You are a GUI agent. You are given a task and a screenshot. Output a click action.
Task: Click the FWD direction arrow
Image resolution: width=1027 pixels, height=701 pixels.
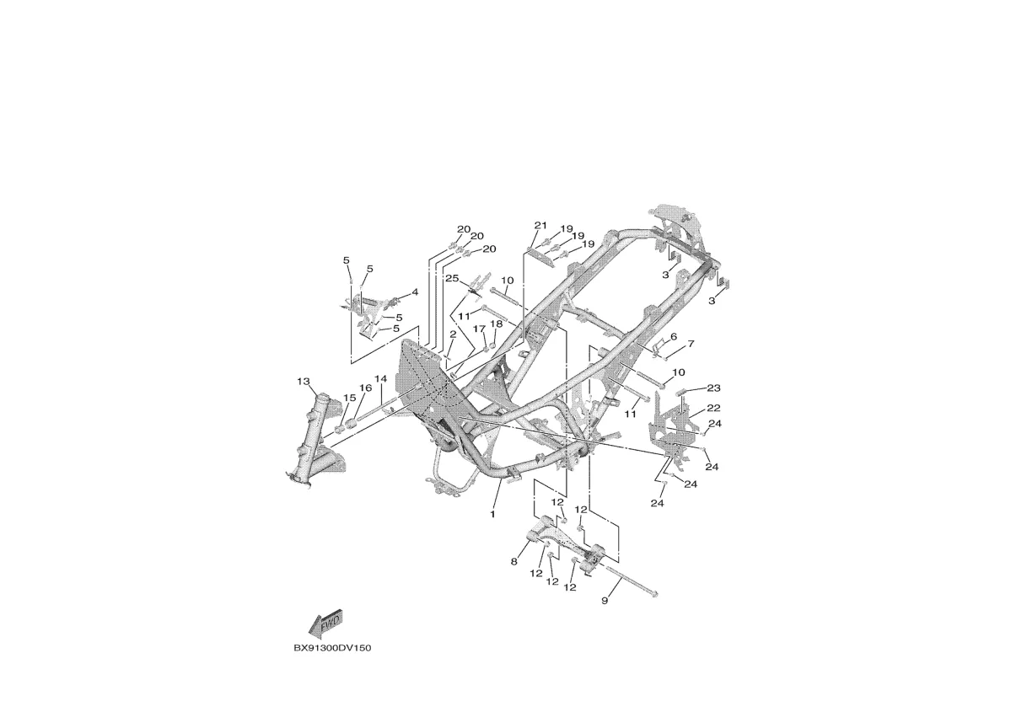pos(325,624)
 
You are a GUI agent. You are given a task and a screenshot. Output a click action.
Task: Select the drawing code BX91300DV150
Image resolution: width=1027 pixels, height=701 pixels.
pos(332,648)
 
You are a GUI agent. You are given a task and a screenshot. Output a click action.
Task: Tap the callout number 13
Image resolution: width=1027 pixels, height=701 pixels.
pos(304,381)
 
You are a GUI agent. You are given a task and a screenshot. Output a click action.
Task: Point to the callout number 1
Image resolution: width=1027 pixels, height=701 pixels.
pos(492,514)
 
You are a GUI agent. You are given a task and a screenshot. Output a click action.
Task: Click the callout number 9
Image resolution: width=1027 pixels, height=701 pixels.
pos(605,600)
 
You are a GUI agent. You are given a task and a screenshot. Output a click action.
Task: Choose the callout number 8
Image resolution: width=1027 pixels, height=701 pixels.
pos(514,562)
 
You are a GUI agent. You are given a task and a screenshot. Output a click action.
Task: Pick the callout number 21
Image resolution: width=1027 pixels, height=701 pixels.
pos(540,225)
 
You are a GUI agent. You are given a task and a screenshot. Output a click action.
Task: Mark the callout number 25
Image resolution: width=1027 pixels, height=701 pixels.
pos(452,278)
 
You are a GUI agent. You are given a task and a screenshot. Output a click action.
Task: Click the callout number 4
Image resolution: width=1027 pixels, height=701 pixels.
pos(415,292)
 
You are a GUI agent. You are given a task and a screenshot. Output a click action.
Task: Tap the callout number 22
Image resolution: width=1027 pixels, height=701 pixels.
pos(714,408)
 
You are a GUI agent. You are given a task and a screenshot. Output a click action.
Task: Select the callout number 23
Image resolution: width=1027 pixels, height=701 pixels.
pos(714,388)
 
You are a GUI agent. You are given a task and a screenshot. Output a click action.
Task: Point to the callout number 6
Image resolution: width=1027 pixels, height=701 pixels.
pos(674,337)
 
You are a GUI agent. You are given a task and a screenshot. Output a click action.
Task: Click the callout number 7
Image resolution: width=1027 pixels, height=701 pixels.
pos(691,344)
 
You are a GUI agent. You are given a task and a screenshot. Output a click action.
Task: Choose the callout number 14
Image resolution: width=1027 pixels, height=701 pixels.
pos(380,379)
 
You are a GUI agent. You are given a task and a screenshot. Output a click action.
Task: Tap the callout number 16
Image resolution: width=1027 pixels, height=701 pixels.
pos(365,388)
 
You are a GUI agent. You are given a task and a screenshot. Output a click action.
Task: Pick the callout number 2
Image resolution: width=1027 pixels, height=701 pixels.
pos(453,334)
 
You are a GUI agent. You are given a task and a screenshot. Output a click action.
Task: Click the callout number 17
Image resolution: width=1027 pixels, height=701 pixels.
pos(479,329)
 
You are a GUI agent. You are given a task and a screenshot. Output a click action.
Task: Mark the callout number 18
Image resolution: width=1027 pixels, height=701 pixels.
pos(497,324)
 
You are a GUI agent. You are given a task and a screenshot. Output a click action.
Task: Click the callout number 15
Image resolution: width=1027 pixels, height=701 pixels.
pos(349,398)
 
